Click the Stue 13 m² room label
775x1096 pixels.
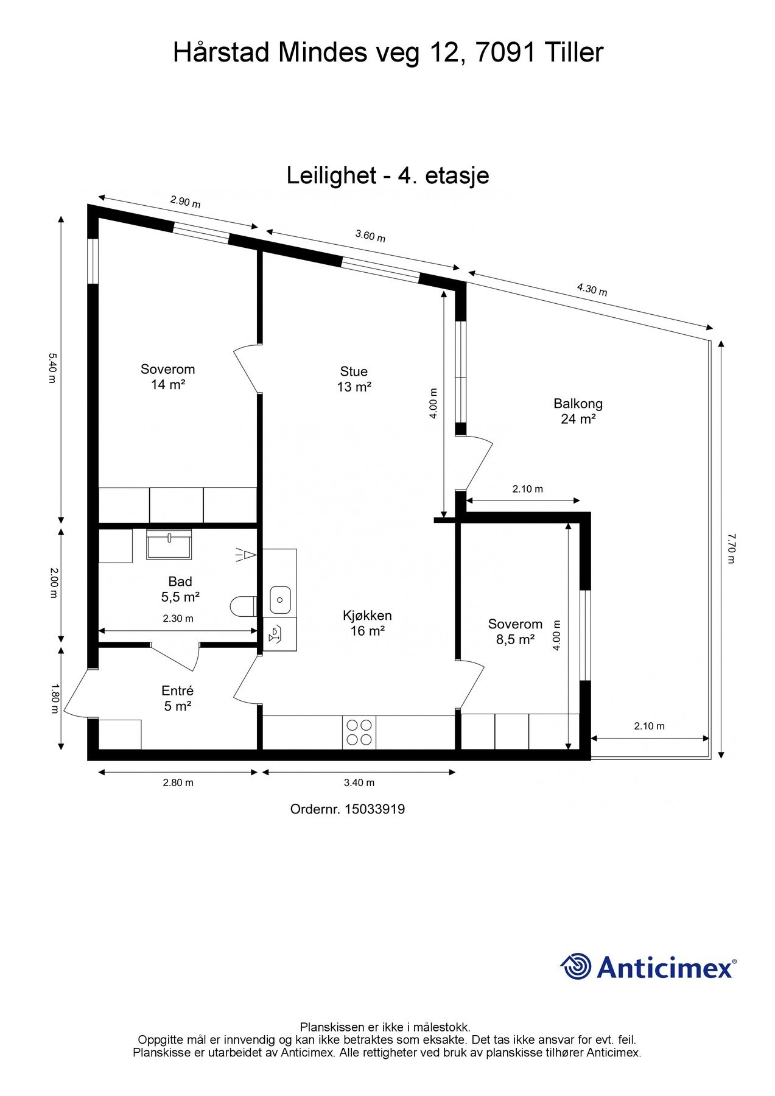(354, 379)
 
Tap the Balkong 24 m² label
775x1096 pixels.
(578, 411)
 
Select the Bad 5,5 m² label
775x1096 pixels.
(180, 589)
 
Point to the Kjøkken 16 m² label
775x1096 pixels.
(367, 623)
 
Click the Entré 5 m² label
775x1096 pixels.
(177, 698)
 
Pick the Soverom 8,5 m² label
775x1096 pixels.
(515, 631)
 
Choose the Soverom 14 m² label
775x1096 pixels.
(167, 376)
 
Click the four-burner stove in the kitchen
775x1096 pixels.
(359, 732)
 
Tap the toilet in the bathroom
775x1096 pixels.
(243, 606)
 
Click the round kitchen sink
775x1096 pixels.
(280, 600)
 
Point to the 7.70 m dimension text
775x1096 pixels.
(731, 548)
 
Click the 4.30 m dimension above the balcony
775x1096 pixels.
(592, 290)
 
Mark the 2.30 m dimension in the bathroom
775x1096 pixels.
(178, 619)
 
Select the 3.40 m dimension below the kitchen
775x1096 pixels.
(359, 782)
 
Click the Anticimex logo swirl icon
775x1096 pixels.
(576, 966)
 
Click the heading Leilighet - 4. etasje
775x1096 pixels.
(388, 176)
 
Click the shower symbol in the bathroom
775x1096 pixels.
(246, 555)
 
